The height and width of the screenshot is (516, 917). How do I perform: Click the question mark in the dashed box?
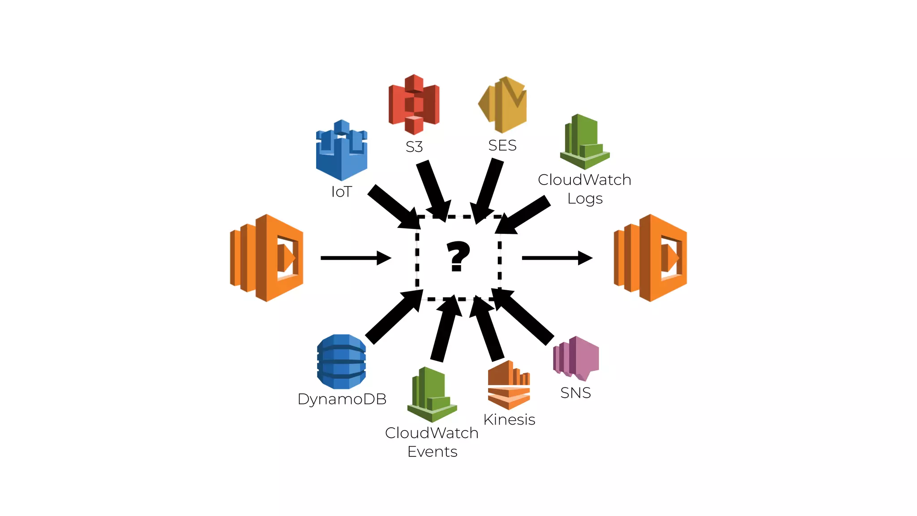(458, 257)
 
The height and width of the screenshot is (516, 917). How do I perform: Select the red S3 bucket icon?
(414, 104)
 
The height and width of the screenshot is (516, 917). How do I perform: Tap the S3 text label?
(414, 147)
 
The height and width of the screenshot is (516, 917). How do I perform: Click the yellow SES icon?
(504, 104)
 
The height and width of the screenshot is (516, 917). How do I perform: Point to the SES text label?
(502, 146)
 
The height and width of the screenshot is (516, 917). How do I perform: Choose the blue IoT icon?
(342, 150)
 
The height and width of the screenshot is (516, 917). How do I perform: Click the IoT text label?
(342, 192)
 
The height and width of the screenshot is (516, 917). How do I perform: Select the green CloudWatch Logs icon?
(584, 142)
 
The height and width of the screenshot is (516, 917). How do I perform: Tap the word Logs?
(585, 198)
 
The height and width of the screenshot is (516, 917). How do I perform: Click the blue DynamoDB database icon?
(342, 361)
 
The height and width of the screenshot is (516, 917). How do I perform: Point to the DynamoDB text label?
(342, 399)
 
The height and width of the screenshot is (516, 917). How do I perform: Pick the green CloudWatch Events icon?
(432, 395)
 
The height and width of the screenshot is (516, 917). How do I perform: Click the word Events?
(433, 451)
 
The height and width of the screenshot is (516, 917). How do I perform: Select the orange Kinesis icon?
(509, 385)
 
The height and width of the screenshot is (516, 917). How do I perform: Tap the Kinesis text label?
(510, 420)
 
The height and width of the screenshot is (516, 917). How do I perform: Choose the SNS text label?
(576, 393)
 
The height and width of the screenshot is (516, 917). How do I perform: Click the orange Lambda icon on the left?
(267, 258)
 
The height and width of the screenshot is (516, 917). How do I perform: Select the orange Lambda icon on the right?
(650, 258)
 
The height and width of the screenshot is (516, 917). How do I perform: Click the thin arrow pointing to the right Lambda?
(557, 258)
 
